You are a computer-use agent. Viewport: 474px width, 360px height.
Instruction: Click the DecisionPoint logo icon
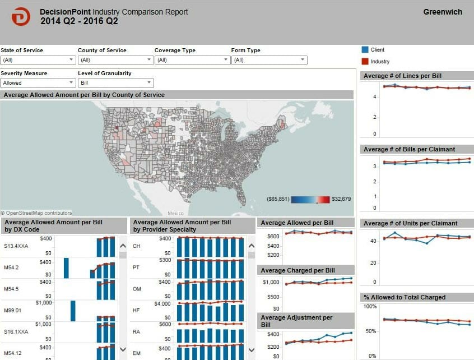[x=21, y=17]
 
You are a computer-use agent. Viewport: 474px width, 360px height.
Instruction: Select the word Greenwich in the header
[x=443, y=12]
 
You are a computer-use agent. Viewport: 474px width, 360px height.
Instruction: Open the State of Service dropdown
[x=38, y=60]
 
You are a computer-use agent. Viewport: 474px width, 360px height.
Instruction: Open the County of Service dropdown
[x=115, y=60]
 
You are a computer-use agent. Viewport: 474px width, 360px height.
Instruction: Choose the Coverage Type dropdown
[x=192, y=60]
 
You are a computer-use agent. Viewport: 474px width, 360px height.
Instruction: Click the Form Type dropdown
[x=269, y=60]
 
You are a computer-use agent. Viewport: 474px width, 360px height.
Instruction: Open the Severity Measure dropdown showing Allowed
[x=38, y=83]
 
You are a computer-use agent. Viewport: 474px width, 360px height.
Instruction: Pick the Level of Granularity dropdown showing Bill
[x=115, y=83]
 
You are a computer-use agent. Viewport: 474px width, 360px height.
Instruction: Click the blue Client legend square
[x=365, y=50]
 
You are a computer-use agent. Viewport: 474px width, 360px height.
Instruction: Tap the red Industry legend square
[x=365, y=61]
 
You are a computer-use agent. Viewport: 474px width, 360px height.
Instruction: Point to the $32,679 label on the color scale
[x=341, y=199]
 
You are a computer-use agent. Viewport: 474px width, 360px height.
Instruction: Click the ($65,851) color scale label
[x=278, y=199]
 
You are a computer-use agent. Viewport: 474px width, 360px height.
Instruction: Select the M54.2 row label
[x=12, y=267]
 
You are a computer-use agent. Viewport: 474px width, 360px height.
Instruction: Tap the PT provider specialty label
[x=136, y=267]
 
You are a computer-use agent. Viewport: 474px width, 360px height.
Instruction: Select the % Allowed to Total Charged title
[x=405, y=297]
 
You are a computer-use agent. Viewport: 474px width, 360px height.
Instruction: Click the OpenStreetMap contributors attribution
[x=37, y=213]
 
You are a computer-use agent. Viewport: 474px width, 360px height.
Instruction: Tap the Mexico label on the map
[x=175, y=214]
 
